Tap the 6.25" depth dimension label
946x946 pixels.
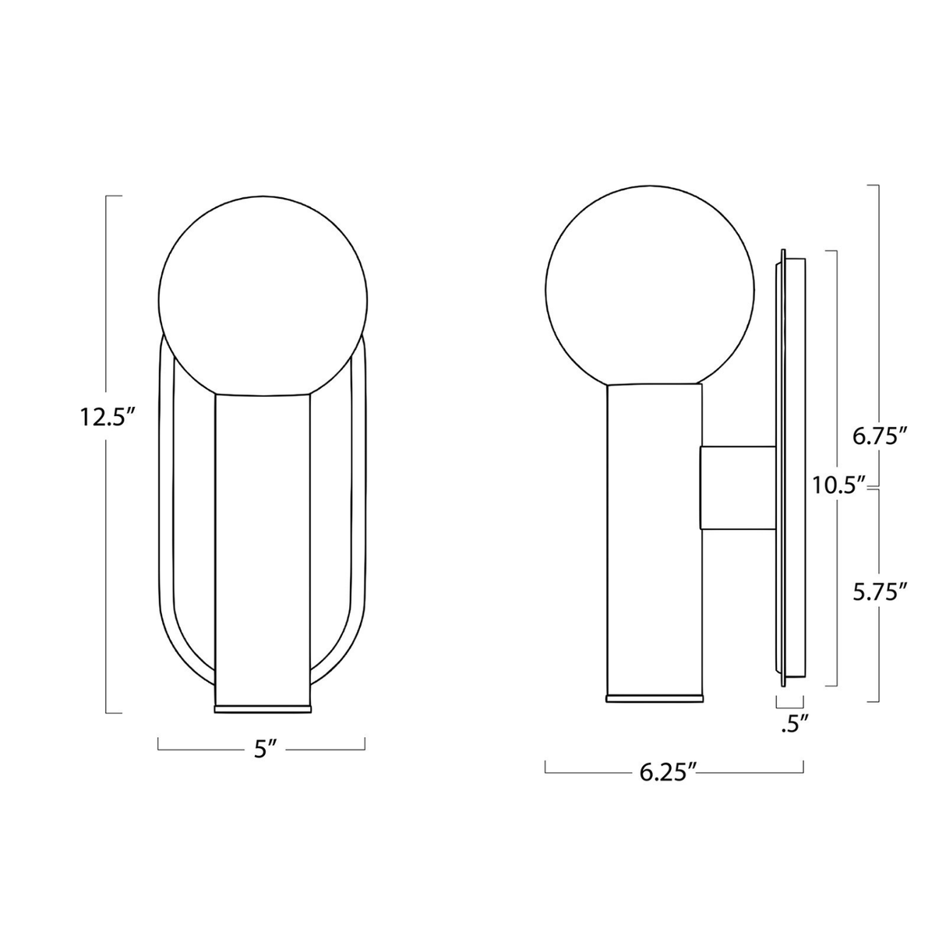point(667,772)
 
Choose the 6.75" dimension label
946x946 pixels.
point(880,436)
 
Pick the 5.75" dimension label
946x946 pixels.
point(880,591)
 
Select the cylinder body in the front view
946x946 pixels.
point(263,545)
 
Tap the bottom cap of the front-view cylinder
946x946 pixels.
point(263,708)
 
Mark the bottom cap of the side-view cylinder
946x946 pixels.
point(654,697)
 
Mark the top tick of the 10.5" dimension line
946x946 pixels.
point(831,251)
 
